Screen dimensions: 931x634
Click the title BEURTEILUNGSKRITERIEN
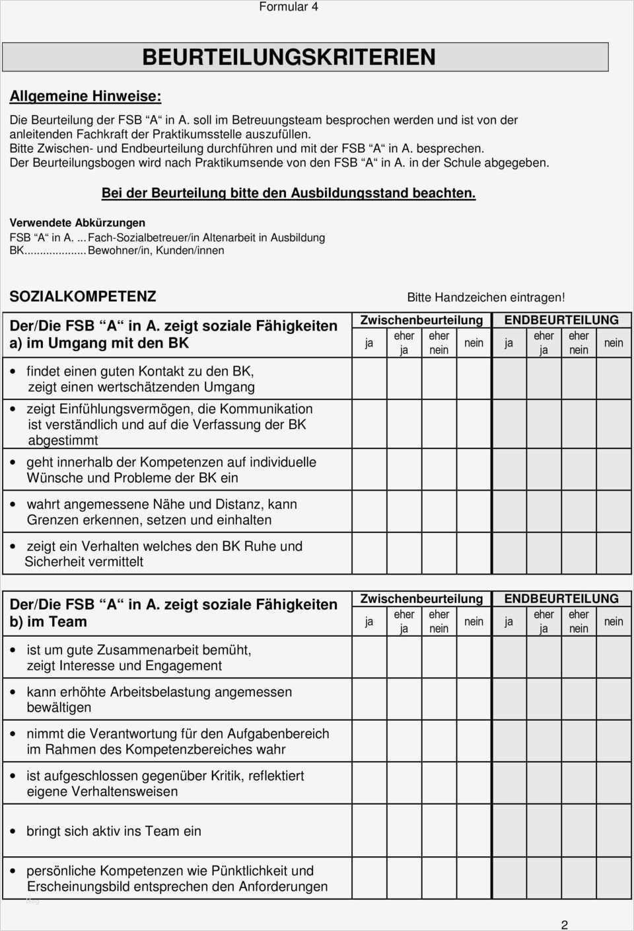point(289,58)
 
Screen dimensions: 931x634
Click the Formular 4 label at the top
point(288,7)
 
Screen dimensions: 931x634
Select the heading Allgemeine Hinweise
point(85,97)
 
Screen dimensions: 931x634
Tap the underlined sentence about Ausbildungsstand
point(288,193)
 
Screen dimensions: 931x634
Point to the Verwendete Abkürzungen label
point(77,223)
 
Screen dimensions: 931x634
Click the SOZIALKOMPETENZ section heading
point(83,296)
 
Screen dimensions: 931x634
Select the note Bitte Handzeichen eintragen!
point(485,298)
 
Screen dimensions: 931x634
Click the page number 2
point(564,924)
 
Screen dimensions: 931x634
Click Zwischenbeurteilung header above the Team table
point(421,599)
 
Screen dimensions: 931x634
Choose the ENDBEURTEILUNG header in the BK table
point(561,320)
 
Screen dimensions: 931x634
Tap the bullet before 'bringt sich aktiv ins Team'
point(13,832)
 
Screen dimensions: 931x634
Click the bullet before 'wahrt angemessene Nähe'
point(13,505)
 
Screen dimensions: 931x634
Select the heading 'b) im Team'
point(48,622)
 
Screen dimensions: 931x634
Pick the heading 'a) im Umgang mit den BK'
point(99,343)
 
